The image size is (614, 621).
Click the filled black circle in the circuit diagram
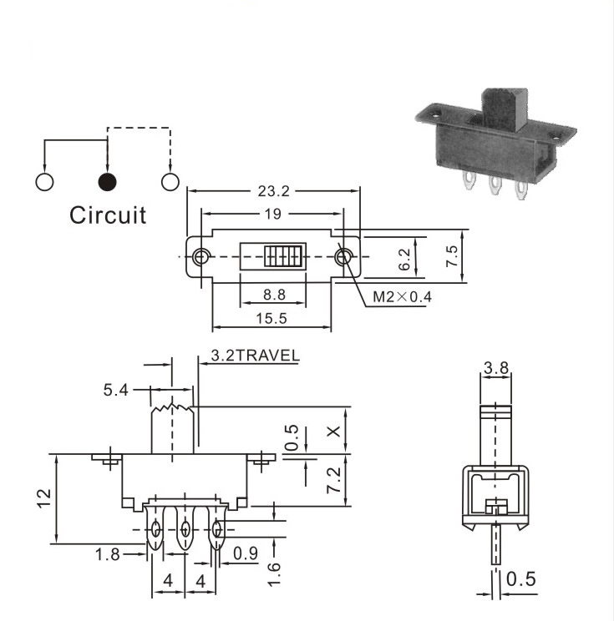point(107,182)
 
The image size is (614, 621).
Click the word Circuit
point(108,215)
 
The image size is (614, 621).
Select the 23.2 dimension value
point(274,191)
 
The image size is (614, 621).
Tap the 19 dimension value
point(272,214)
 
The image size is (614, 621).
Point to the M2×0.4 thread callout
point(402,296)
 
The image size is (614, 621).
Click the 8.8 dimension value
point(274,295)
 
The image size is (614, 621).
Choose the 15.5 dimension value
point(271,318)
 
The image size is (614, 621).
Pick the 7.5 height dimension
point(451,256)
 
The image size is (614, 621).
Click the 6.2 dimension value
point(404,260)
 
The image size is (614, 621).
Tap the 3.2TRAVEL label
point(256,356)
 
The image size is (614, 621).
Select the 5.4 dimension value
point(116,390)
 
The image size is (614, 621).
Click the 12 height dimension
point(44,498)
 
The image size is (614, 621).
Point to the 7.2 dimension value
point(333,480)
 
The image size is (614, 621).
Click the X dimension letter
point(333,432)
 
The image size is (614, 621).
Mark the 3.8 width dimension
point(496,368)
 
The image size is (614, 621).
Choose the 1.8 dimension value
point(108,554)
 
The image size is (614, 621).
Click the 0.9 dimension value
point(246,553)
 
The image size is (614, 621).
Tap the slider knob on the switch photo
point(505,109)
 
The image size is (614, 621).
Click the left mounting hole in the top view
point(201,256)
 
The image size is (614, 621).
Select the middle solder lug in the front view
point(185,528)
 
